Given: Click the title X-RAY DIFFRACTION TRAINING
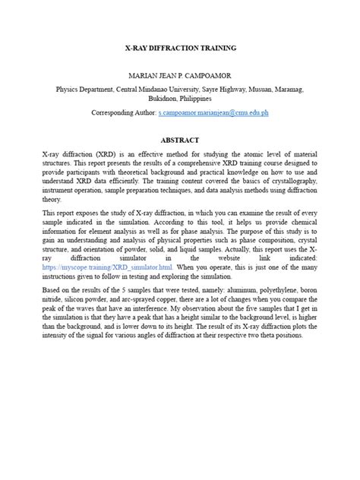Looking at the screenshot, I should (x=180, y=48).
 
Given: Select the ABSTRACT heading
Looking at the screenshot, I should (x=180, y=141).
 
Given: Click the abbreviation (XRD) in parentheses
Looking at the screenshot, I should (x=103, y=154).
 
